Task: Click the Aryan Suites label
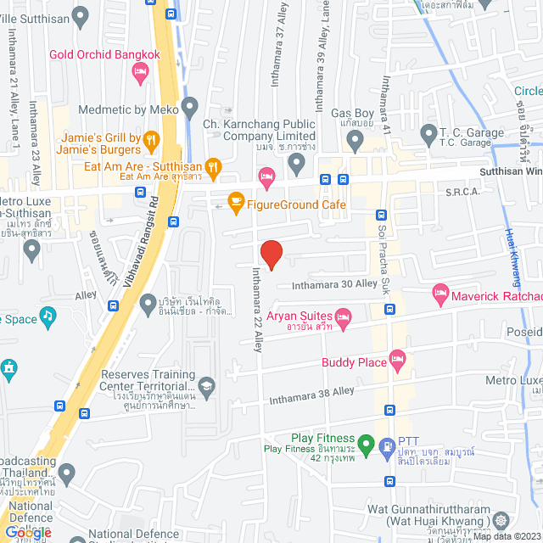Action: click(x=297, y=316)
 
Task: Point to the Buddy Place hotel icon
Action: click(x=397, y=360)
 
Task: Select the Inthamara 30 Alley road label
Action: click(x=334, y=283)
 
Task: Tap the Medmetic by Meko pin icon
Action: click(x=189, y=108)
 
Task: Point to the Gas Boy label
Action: click(x=352, y=113)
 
